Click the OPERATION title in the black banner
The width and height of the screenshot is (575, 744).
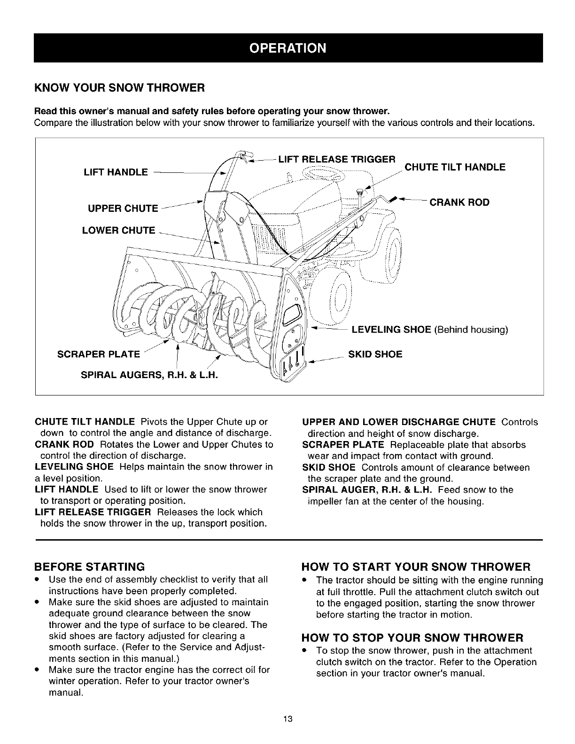coord(287,48)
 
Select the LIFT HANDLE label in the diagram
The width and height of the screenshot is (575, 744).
coord(115,172)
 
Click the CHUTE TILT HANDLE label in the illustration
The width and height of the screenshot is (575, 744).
coord(455,167)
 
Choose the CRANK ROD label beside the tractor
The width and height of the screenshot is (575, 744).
coord(459,202)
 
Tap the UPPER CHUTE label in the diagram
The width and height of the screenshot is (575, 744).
coord(123,209)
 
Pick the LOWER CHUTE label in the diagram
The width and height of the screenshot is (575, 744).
coord(118,230)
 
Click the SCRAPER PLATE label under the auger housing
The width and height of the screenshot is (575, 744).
coord(98,354)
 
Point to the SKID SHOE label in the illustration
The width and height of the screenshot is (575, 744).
coord(375,354)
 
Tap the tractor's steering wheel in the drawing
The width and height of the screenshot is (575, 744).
coord(324,174)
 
